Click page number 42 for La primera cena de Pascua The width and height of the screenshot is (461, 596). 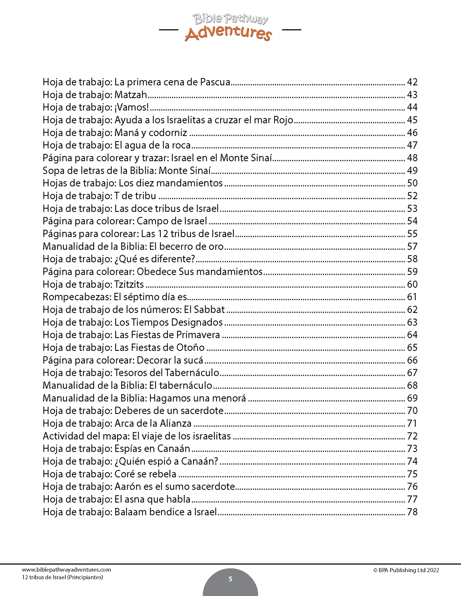[x=412, y=82]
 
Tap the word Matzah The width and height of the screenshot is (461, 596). [x=131, y=95]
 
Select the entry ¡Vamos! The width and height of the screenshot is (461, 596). [x=132, y=107]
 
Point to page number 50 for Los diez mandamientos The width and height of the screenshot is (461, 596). [x=412, y=183]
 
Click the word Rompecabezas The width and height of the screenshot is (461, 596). [x=77, y=297]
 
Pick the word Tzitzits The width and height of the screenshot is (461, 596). [x=129, y=284]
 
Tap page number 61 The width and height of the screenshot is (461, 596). [x=412, y=297]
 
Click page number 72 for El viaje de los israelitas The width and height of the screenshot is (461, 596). [x=412, y=436]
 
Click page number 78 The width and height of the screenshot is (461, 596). [x=412, y=512]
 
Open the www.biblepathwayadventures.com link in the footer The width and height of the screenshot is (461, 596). [x=66, y=570]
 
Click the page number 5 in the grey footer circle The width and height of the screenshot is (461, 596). [x=230, y=579]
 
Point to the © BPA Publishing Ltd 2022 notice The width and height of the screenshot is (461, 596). [x=406, y=571]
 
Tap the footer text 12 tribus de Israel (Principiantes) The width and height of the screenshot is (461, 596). [x=63, y=577]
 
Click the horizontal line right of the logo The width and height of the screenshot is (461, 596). [x=292, y=30]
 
